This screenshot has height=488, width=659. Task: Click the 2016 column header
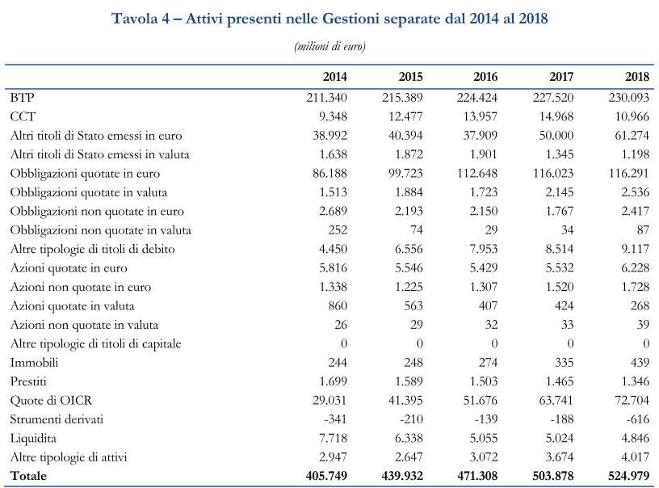[485, 77]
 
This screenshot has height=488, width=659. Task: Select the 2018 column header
[637, 77]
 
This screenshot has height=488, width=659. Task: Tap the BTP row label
[22, 98]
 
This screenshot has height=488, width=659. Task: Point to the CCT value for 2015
[402, 116]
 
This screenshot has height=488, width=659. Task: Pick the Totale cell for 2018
[628, 476]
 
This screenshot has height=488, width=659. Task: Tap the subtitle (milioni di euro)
[329, 46]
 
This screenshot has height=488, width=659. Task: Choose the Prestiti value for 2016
[482, 381]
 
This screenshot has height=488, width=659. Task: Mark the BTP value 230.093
[628, 98]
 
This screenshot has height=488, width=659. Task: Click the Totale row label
[29, 476]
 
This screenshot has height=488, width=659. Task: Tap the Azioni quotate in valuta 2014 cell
[335, 306]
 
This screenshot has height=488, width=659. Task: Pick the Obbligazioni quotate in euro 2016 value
[476, 173]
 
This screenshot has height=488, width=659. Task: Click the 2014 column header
[334, 77]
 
